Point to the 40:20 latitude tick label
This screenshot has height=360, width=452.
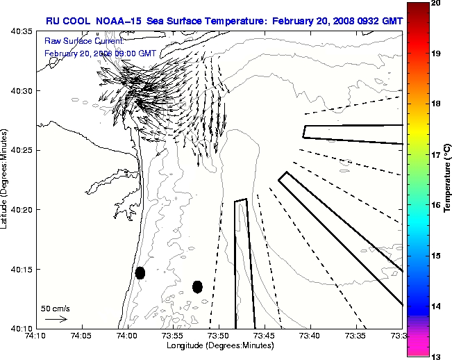[23, 210]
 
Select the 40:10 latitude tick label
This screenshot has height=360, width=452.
[23, 328]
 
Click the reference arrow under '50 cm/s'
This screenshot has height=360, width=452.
[56, 319]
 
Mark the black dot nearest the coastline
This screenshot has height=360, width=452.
[140, 272]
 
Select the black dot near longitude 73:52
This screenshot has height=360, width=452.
[197, 286]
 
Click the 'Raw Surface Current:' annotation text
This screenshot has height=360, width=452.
[74, 42]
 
